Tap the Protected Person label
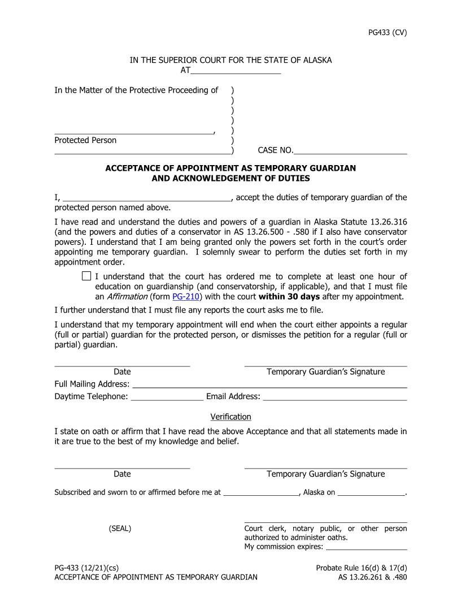85,140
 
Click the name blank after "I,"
146,197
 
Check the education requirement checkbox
86,276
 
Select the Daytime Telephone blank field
167,397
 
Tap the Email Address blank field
334,397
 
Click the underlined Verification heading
230,417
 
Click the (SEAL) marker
120,529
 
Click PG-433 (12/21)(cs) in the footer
86,568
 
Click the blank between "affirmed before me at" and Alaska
261,492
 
